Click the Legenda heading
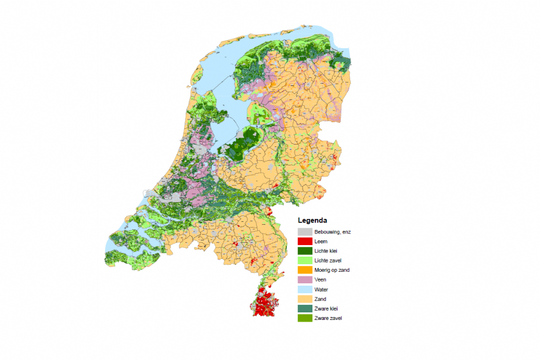pos(312,221)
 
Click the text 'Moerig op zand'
pos(332,270)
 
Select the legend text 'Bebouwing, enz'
pos(332,232)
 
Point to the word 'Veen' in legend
pos(320,279)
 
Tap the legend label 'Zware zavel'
pos(328,318)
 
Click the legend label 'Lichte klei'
pos(326,251)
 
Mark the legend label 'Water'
pos(321,289)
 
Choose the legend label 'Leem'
pos(321,241)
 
